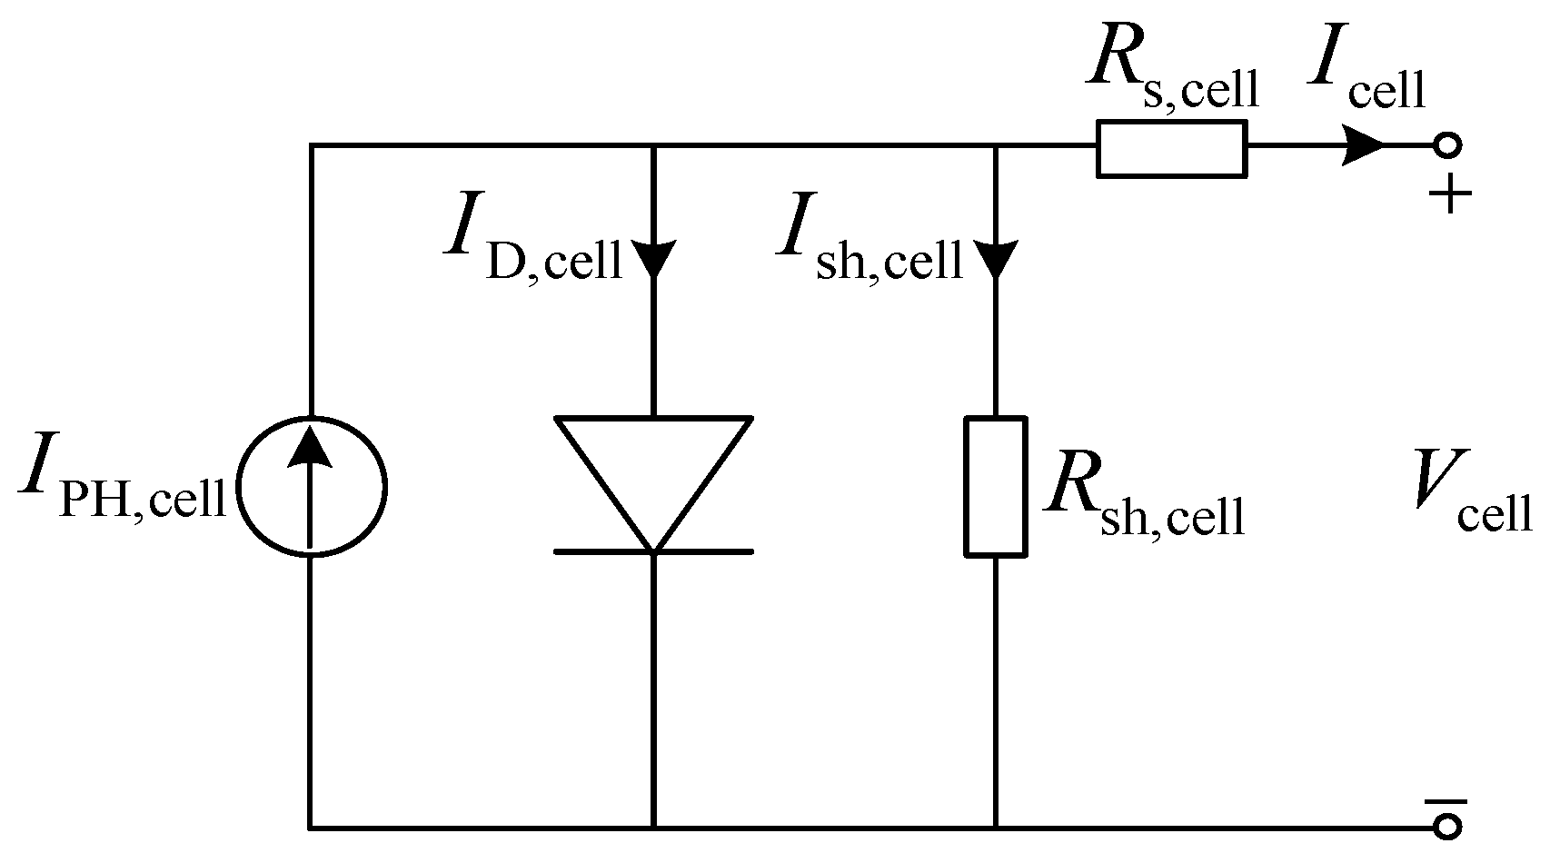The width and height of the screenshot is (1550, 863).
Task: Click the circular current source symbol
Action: (311, 487)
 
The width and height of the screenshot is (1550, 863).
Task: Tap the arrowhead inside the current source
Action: (311, 447)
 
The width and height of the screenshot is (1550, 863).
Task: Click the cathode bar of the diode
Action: (653, 551)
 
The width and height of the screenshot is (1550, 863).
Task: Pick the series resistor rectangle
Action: (1171, 147)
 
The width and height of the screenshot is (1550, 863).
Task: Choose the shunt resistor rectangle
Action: (996, 487)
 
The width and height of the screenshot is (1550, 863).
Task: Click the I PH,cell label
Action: (123, 491)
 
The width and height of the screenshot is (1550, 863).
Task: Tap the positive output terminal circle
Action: (1447, 145)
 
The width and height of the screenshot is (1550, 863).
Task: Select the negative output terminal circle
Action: (1447, 826)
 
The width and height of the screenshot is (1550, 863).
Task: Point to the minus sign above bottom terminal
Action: (1447, 801)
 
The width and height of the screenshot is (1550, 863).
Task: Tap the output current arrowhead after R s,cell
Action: (1360, 145)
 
